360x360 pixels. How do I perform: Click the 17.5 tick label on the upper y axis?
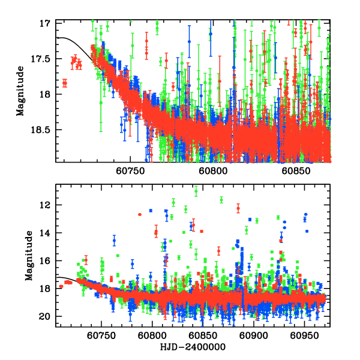tap(43, 59)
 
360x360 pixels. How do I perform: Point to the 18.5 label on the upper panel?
tap(43, 129)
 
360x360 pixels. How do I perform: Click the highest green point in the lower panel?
tap(196, 191)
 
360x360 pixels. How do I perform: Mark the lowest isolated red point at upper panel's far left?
tap(64, 83)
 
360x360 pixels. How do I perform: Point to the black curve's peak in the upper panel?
tap(61, 37)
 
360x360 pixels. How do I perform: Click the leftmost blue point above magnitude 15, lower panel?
tap(114, 241)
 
